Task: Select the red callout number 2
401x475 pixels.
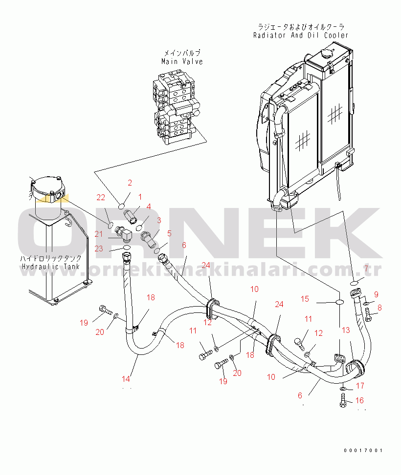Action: tap(130, 183)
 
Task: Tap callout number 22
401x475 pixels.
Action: tap(101, 197)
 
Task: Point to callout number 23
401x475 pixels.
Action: tap(99, 248)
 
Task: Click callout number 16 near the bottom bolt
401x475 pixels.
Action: tap(359, 400)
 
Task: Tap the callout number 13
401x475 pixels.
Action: tap(346, 330)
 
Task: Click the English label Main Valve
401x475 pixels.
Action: tap(182, 62)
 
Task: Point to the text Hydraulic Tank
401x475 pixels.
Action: tap(51, 267)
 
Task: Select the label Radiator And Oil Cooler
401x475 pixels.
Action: tap(301, 35)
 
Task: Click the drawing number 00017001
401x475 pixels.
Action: tap(362, 451)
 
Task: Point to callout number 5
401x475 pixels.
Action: tap(169, 233)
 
